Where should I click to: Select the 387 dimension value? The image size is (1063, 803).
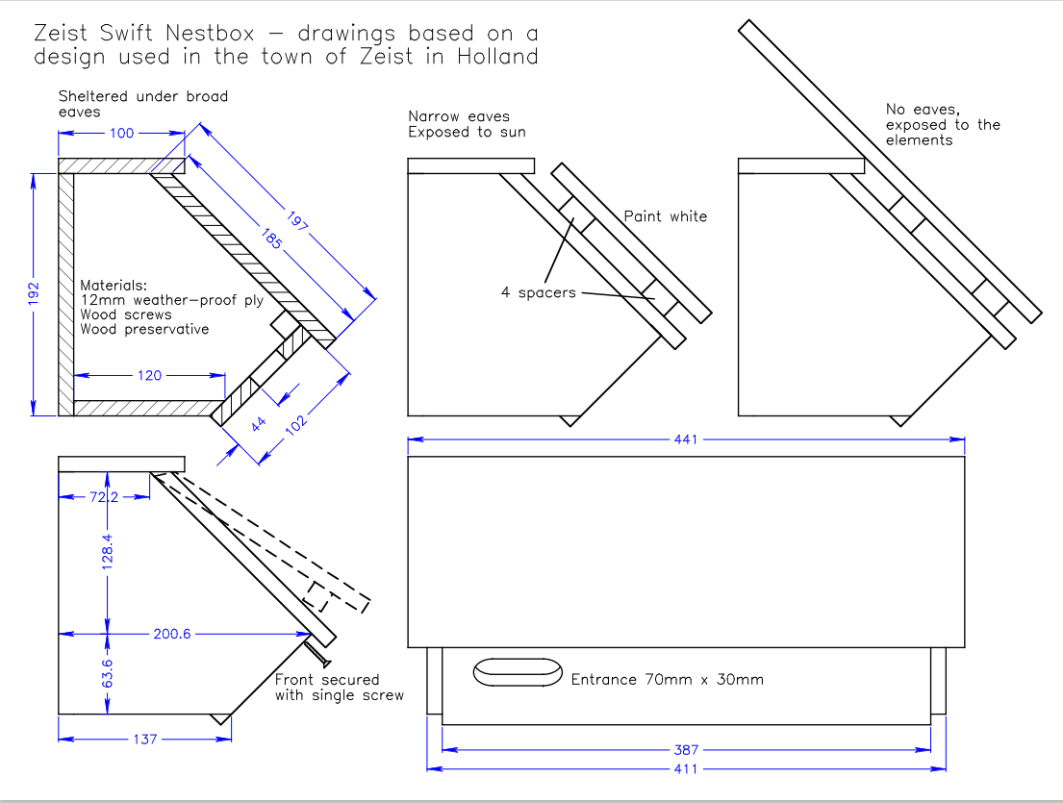pyautogui.click(x=687, y=749)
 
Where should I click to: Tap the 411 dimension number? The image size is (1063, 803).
pyautogui.click(x=687, y=769)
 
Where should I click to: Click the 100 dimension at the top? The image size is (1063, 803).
pyautogui.click(x=122, y=134)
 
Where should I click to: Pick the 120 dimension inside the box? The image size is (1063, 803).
pyautogui.click(x=149, y=375)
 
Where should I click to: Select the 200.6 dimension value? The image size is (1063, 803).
pyautogui.click(x=172, y=634)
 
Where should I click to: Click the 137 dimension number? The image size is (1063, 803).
pyautogui.click(x=143, y=739)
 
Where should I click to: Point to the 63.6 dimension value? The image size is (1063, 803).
pyautogui.click(x=109, y=675)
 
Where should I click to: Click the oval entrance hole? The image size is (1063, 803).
pyautogui.click(x=517, y=672)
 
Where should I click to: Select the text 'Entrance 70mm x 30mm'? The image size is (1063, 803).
pyautogui.click(x=667, y=679)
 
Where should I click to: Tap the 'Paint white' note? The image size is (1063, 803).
pyautogui.click(x=665, y=216)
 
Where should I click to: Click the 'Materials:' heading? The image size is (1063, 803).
pyautogui.click(x=114, y=286)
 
